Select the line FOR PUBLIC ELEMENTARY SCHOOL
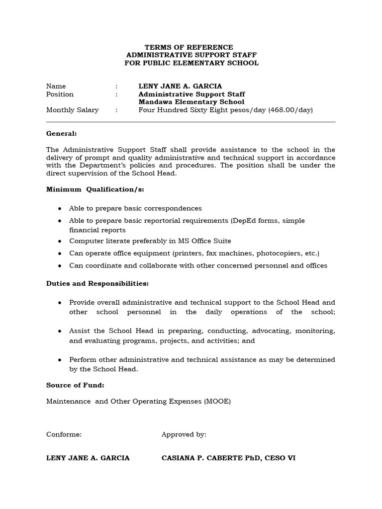click(x=191, y=63)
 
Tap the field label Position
click(x=60, y=94)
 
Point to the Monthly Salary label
click(x=72, y=110)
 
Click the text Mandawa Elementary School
click(x=185, y=102)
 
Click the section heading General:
click(x=62, y=134)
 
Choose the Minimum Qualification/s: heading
click(x=95, y=189)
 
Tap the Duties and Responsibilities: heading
click(x=97, y=283)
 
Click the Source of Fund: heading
click(x=75, y=385)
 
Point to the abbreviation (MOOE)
click(x=217, y=401)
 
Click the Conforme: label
click(x=64, y=434)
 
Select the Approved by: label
click(x=184, y=434)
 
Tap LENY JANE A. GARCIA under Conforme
click(x=88, y=458)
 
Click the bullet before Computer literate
click(x=60, y=241)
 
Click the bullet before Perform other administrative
click(x=60, y=359)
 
